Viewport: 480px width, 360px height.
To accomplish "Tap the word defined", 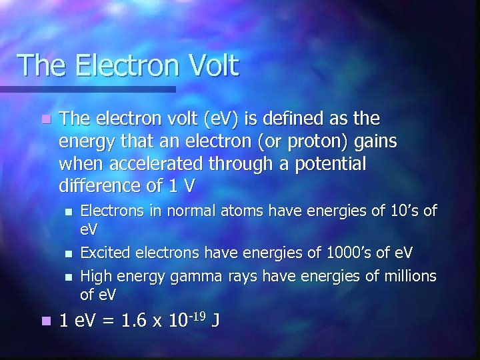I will point(293,120).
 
